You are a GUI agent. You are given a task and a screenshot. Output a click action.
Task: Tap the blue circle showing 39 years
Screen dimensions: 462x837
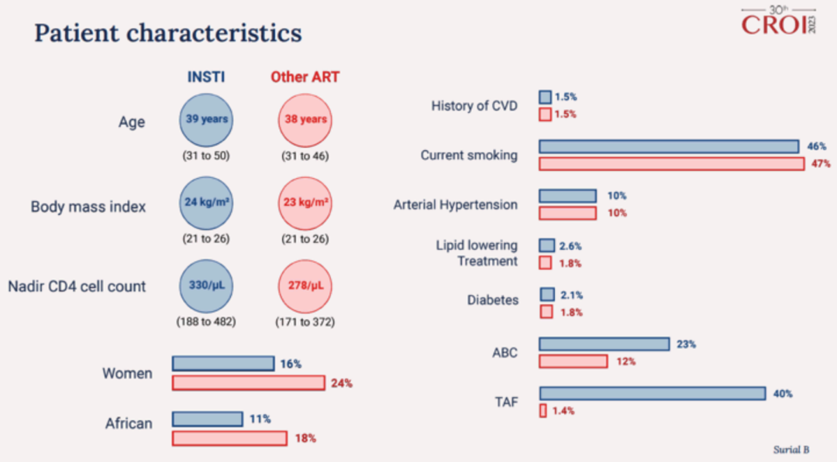[207, 120]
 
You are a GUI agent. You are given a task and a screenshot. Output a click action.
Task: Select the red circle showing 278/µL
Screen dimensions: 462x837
[305, 286]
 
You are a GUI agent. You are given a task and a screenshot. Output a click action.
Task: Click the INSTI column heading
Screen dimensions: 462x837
[207, 77]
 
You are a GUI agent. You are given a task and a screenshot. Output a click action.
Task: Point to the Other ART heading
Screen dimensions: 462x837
[305, 77]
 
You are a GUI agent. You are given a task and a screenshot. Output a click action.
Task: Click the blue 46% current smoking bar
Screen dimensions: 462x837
[669, 146]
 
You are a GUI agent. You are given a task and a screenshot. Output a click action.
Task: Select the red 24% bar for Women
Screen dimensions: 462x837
[248, 382]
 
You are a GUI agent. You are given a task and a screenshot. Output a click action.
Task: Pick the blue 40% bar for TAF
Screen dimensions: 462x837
[653, 393]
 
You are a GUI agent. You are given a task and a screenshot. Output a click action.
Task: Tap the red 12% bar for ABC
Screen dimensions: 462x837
[573, 361]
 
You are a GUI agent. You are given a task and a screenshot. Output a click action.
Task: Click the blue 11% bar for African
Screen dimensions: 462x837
[207, 419]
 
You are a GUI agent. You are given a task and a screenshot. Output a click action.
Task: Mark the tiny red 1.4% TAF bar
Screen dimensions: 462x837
[543, 411]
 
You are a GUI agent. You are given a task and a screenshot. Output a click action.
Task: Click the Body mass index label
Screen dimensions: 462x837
[88, 207]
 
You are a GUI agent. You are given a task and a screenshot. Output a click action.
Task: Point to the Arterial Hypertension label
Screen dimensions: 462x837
[455, 205]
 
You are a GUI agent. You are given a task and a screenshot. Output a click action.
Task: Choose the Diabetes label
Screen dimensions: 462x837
[492, 299]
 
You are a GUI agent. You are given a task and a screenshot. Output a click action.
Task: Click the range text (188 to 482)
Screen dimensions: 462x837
[207, 321]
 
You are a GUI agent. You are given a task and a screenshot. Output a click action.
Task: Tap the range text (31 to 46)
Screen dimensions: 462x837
[305, 156]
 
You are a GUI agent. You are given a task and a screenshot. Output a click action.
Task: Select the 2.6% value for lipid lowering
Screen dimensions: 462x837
[570, 246]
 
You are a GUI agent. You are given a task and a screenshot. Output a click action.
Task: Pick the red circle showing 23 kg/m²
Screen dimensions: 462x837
[305, 203]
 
